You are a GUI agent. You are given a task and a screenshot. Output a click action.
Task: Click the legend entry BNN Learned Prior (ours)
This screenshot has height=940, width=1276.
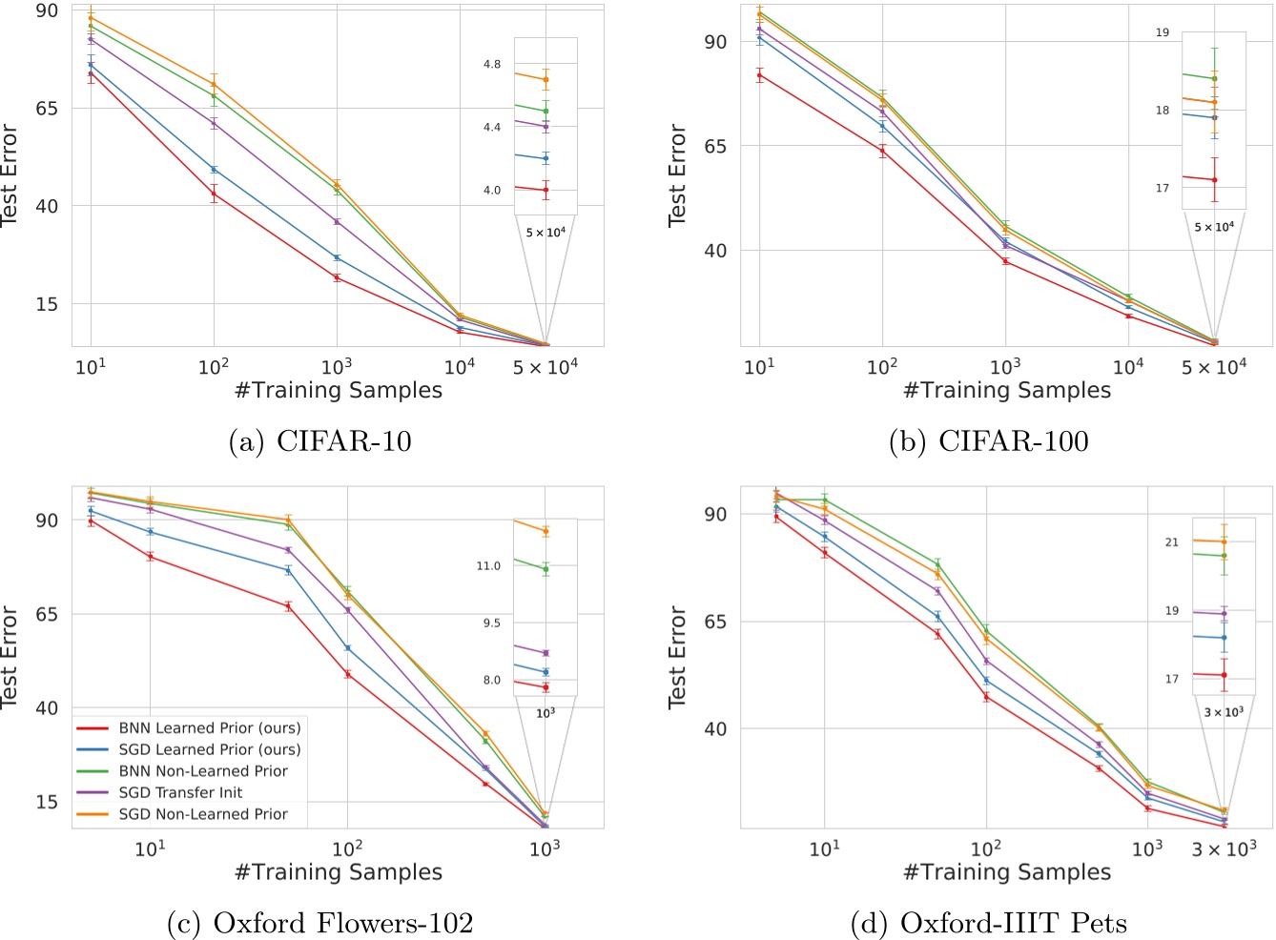(209, 728)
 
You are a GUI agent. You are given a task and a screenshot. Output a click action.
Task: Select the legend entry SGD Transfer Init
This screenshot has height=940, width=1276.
(180, 792)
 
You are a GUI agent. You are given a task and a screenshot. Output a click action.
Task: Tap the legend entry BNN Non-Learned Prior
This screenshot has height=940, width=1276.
(202, 771)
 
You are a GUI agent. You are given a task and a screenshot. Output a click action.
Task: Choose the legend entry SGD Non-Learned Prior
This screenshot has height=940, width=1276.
(202, 814)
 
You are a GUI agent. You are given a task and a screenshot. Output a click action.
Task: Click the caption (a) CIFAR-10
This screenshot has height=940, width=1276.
(319, 440)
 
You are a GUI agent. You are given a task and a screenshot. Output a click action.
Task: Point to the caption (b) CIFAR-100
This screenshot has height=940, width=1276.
(988, 440)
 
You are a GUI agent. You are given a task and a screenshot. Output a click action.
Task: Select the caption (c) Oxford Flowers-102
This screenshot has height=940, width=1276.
(319, 923)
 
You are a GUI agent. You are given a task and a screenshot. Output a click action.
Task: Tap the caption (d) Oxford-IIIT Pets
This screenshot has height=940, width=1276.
(988, 923)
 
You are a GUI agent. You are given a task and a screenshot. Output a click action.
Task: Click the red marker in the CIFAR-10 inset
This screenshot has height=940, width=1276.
(545, 190)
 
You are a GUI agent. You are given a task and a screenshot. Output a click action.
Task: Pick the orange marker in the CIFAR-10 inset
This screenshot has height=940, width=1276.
(545, 79)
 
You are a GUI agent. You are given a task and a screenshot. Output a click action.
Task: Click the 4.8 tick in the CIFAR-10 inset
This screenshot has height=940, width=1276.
(491, 65)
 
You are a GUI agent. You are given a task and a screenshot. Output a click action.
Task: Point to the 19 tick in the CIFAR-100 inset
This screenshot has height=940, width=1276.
(1162, 32)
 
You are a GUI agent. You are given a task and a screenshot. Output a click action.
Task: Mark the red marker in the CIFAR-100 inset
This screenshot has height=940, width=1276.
(1214, 180)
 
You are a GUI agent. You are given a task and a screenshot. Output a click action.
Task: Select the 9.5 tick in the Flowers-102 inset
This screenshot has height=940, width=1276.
(488, 623)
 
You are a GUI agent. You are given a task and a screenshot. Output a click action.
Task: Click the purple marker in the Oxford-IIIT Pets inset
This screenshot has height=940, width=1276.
(1224, 615)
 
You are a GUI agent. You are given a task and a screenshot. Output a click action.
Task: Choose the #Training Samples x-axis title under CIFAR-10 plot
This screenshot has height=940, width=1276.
(339, 391)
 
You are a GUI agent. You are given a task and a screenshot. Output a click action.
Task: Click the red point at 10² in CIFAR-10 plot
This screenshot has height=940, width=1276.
(214, 194)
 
